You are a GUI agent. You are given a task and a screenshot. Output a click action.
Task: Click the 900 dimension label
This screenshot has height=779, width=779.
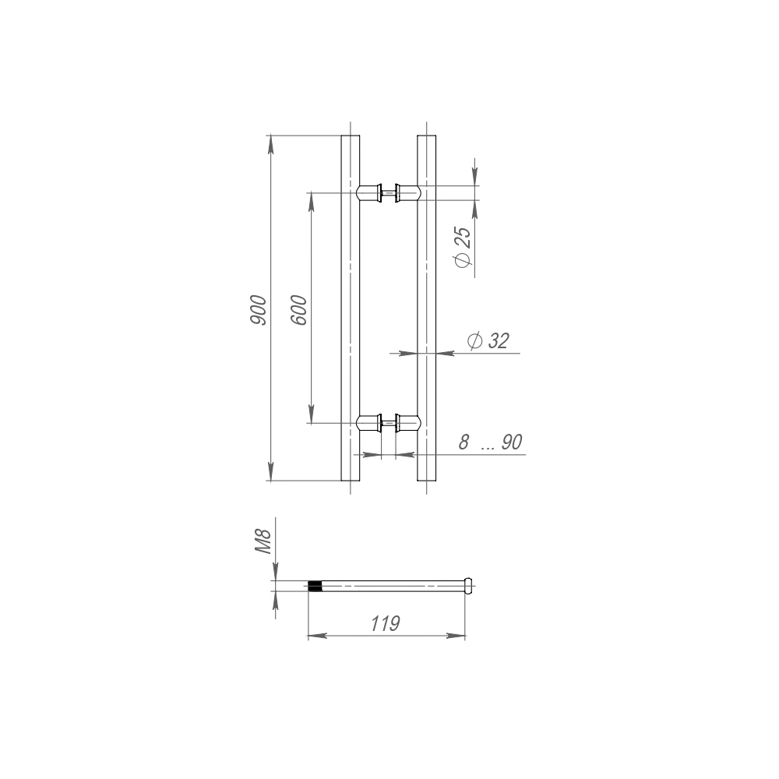[x=259, y=311]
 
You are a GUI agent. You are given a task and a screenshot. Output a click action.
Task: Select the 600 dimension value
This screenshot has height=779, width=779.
[x=298, y=310]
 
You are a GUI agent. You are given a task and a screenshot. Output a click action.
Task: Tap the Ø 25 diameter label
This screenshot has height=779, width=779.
[x=463, y=248]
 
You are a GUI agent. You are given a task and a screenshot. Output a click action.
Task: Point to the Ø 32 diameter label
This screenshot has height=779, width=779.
[x=488, y=341]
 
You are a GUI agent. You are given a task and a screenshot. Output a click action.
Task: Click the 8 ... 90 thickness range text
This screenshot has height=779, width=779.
[x=490, y=442]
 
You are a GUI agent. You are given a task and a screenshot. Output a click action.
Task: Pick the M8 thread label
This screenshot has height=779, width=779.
[x=263, y=541]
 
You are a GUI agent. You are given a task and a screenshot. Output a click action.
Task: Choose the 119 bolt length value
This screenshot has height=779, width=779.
[x=386, y=623]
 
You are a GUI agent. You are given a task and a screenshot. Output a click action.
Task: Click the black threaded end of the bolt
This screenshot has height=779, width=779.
[x=315, y=586]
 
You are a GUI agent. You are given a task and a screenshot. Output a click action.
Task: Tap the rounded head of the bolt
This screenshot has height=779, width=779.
[x=467, y=586]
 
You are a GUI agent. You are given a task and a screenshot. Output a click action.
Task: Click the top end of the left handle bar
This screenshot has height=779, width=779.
[x=351, y=136]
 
